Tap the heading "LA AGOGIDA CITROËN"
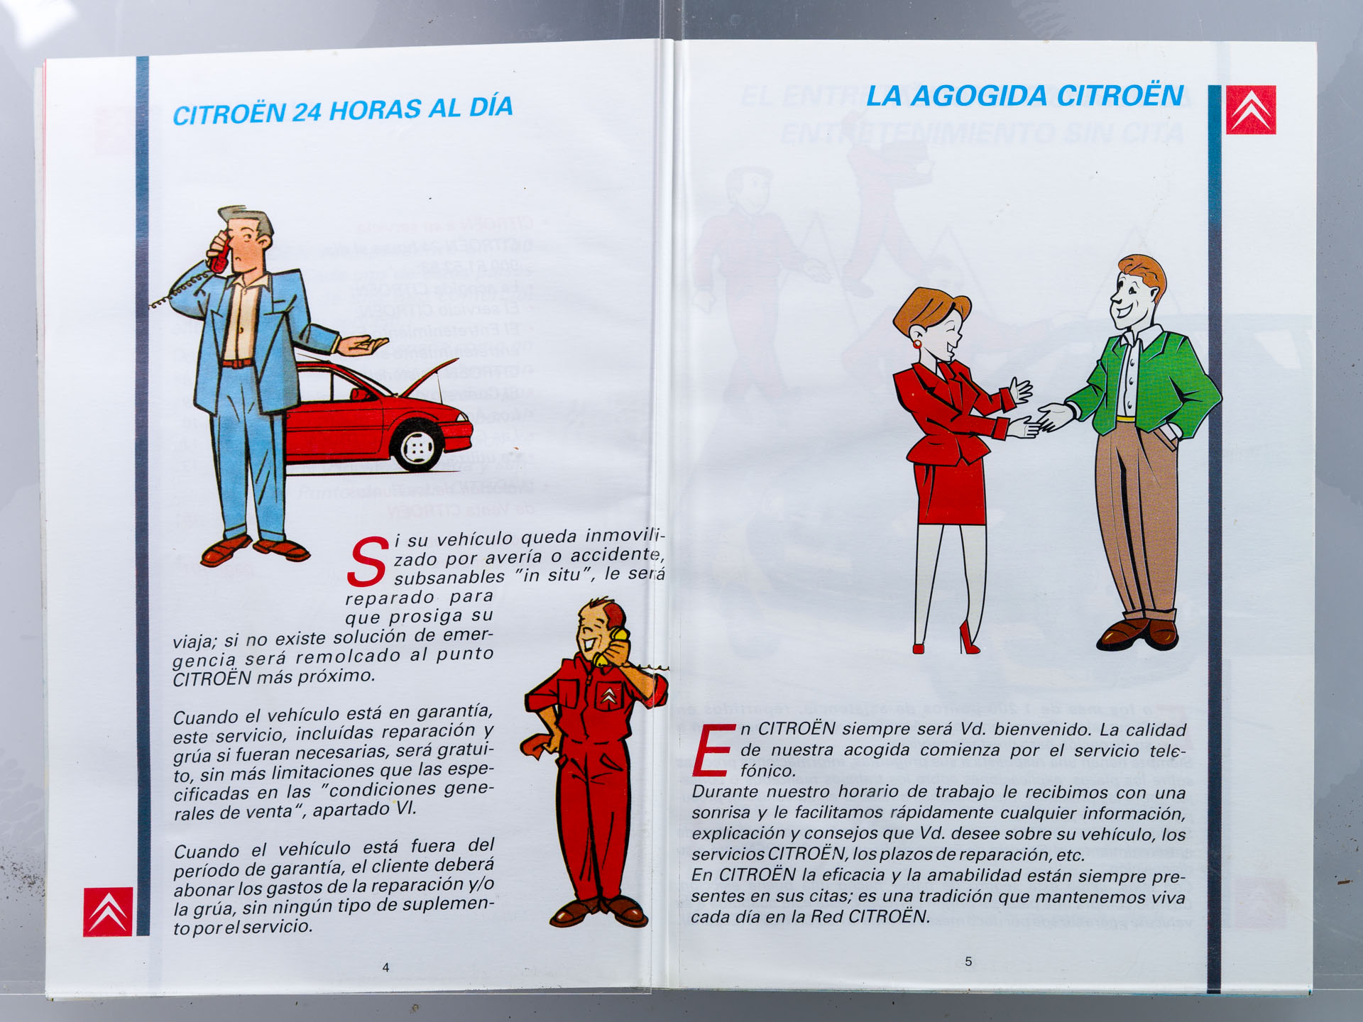pos(1024,96)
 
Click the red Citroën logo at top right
pos(1251,110)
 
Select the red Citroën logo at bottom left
pos(108,911)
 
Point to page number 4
pos(385,967)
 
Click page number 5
pos(968,962)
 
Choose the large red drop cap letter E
pos(713,749)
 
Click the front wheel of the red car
pos(419,447)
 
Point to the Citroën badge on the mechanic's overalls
pos(609,696)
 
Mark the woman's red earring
pos(916,344)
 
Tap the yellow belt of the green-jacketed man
pos(1125,419)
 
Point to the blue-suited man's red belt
pos(237,363)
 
